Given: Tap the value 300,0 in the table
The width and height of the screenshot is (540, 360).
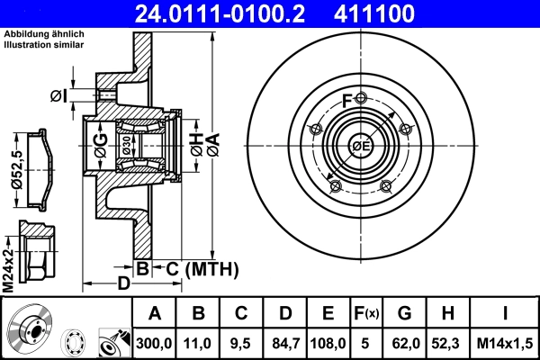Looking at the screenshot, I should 154,342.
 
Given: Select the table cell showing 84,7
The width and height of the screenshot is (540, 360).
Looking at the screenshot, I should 285,342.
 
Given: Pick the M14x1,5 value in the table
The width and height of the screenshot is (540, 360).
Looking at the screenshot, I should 506,342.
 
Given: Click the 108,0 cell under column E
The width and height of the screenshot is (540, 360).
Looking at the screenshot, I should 328,342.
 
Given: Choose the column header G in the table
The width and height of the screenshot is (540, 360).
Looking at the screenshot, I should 405,314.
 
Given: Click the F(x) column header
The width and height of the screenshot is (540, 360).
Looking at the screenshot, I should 366,314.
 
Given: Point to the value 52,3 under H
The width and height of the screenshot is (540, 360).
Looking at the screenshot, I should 447,342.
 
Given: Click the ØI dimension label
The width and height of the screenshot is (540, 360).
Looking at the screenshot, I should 58,95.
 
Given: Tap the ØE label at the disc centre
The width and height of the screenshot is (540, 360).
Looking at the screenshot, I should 361,147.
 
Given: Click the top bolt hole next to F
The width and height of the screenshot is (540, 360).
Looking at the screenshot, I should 361,99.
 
